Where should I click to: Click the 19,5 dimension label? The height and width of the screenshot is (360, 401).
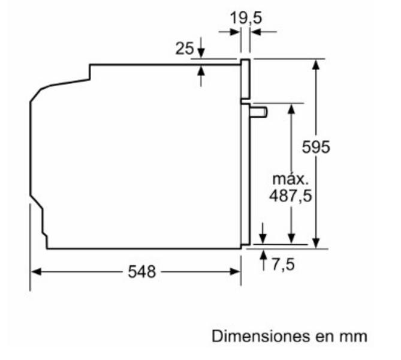[246, 18]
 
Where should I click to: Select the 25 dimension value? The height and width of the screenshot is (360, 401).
[185, 48]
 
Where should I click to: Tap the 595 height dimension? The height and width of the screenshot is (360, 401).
[316, 147]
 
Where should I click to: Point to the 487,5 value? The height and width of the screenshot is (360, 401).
[291, 196]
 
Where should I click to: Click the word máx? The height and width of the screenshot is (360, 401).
[291, 179]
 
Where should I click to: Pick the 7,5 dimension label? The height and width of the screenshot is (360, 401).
[283, 264]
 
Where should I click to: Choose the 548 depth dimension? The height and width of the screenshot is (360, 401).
[141, 272]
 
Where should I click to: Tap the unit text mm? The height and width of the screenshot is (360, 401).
[354, 337]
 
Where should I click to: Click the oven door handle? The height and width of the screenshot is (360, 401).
[258, 112]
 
